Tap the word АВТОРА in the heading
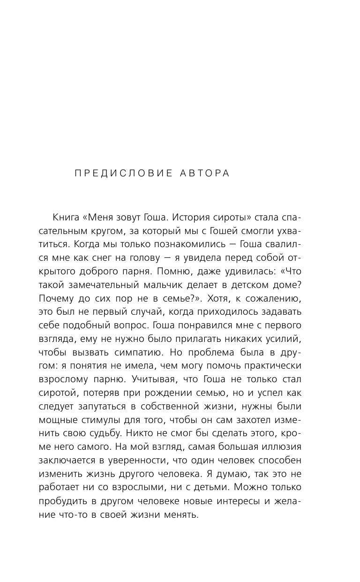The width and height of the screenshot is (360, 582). [205, 174]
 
